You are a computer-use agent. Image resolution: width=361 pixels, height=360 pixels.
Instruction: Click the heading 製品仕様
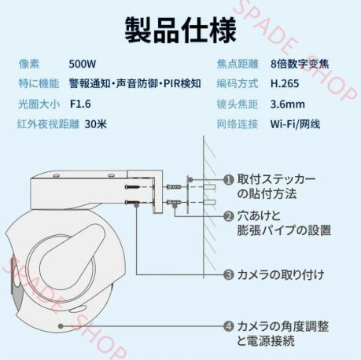pos(180,30)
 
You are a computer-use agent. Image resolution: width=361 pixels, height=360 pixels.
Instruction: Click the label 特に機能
pos(39,83)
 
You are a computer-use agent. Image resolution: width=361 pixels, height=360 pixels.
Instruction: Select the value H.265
pos(285,83)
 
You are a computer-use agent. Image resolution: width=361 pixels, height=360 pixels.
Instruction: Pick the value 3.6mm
pos(287,104)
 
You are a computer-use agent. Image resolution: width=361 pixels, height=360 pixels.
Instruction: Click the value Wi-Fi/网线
pos(295,123)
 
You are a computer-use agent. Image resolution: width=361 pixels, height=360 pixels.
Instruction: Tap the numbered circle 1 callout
pos(228,179)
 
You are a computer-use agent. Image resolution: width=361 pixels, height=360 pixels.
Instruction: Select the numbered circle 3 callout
pos(228,274)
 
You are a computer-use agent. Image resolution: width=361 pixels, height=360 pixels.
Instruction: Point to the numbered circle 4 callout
pos(228,325)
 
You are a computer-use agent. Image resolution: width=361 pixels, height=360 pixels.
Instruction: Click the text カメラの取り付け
pos(281,274)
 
